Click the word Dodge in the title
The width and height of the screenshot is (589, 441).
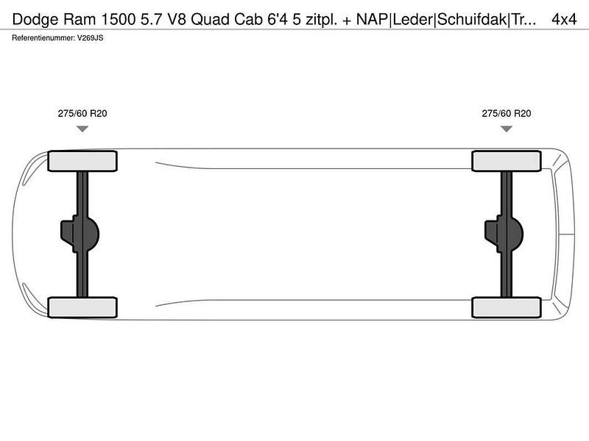(35, 20)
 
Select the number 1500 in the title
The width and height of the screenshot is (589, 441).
(119, 19)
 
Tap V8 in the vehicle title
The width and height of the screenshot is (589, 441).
(177, 19)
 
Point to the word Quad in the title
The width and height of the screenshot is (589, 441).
(211, 19)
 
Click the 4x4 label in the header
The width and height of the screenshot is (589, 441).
(564, 19)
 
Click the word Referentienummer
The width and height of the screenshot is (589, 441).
(43, 38)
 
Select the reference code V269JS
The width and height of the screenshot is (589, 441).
(90, 38)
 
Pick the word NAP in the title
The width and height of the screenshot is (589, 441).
(372, 19)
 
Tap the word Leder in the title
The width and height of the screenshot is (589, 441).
(412, 19)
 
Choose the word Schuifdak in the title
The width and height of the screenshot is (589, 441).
(472, 19)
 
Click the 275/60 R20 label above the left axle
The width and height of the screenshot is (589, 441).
(82, 113)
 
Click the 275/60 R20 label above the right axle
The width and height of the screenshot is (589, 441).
(507, 113)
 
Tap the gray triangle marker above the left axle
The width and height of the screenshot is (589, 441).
(82, 129)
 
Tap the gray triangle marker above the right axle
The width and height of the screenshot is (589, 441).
(507, 129)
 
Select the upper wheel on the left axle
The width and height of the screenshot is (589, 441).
(82, 161)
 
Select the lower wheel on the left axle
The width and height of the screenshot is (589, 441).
(82, 307)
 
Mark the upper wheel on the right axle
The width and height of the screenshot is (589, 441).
(507, 161)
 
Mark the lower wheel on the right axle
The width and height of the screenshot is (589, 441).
(507, 307)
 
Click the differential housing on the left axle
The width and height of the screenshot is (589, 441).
(80, 234)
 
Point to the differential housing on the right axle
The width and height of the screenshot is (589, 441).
(504, 234)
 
